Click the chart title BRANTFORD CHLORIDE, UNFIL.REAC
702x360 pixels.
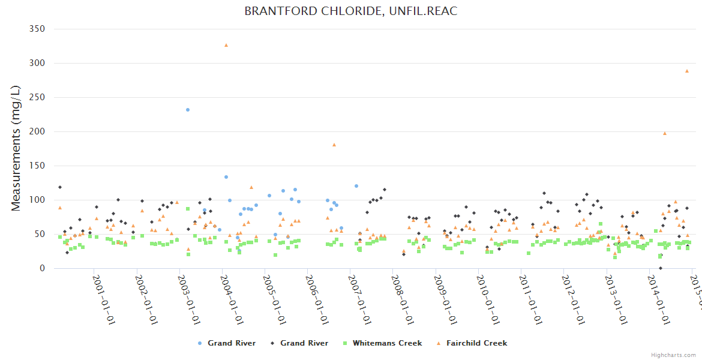point(351,11)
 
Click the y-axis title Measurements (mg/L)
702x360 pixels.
point(16,148)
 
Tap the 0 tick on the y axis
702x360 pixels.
point(42,268)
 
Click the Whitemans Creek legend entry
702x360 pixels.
point(387,343)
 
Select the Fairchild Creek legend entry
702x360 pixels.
point(476,343)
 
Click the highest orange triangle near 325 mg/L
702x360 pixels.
point(226,45)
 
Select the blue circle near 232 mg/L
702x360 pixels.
point(188,110)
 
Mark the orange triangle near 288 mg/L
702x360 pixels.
point(687,71)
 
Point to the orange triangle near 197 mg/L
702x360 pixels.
point(665,133)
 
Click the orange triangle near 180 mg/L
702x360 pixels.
point(334,145)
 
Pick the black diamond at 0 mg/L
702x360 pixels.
point(661,268)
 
